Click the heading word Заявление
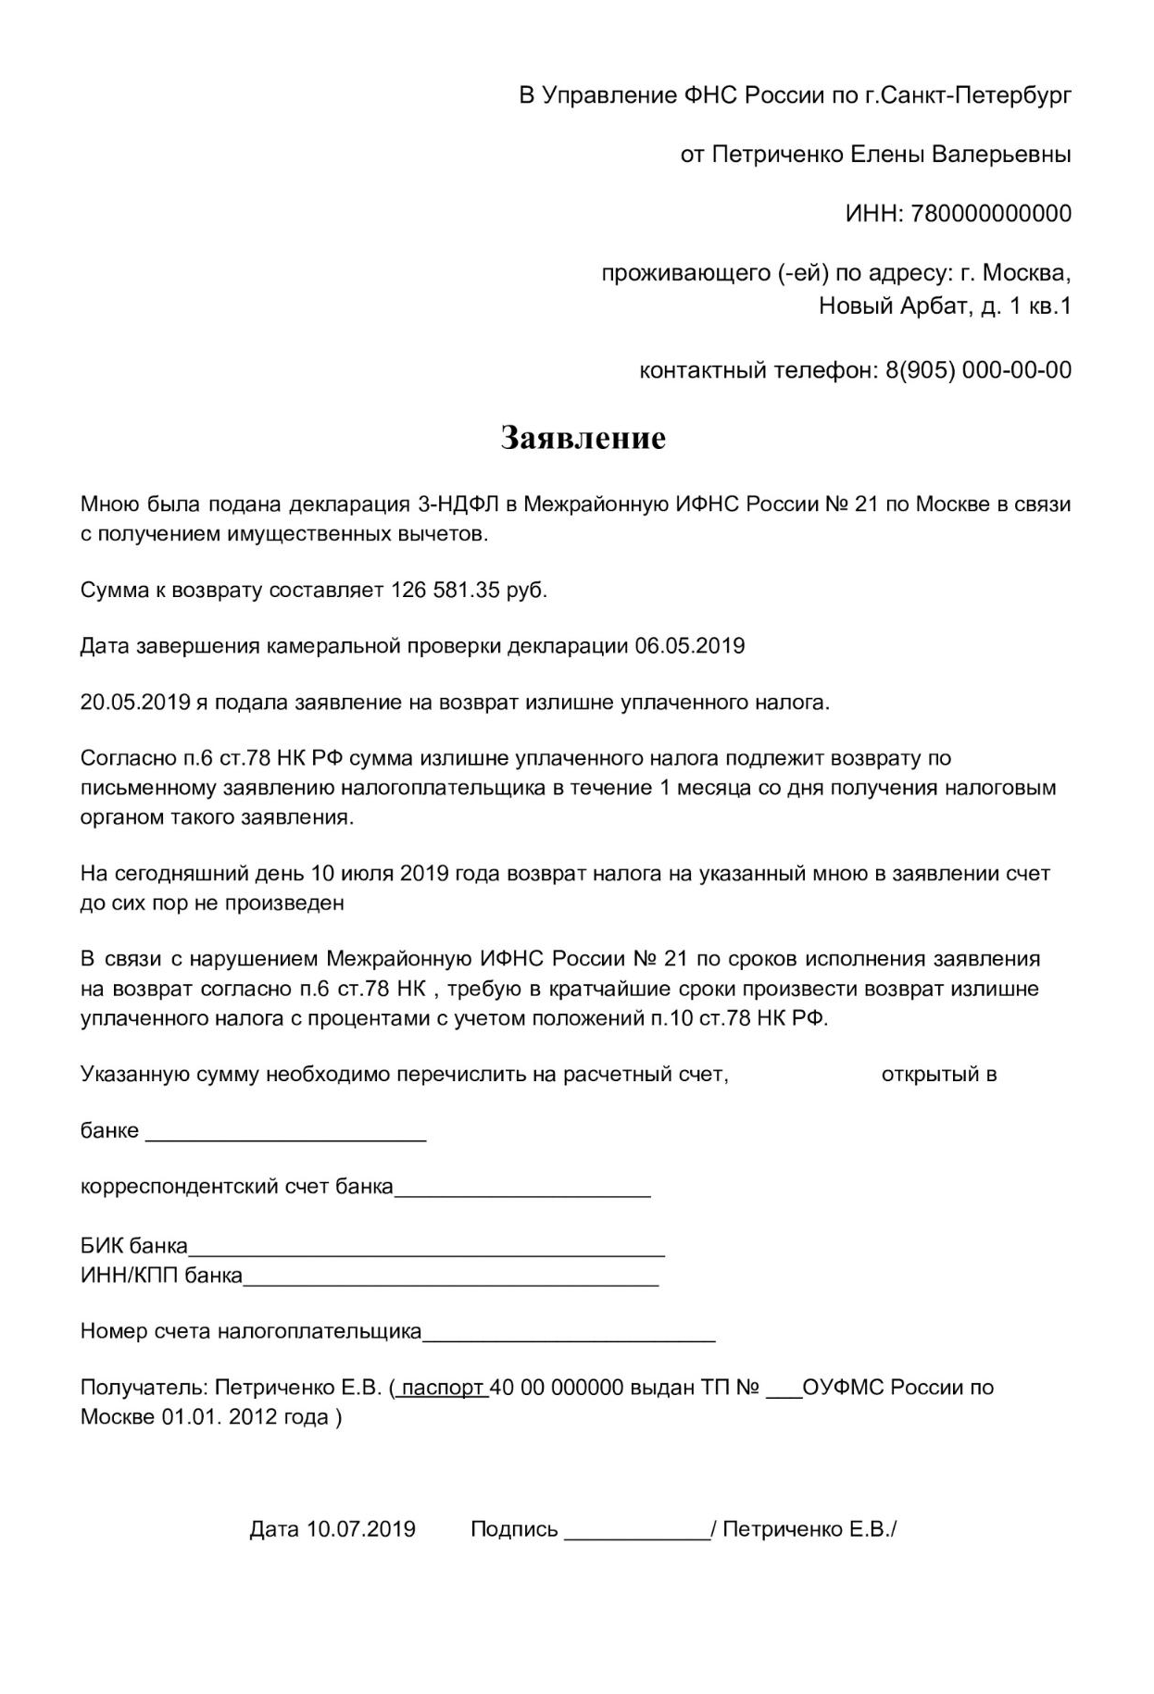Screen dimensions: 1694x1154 [x=583, y=438]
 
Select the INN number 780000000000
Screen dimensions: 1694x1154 [x=991, y=214]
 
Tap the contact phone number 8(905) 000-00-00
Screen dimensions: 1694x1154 [x=978, y=370]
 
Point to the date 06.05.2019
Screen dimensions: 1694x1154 [x=689, y=646]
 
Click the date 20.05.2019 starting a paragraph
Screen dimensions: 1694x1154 [x=135, y=703]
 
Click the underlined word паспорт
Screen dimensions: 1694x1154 [x=443, y=1388]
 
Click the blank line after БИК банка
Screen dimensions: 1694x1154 [x=426, y=1248]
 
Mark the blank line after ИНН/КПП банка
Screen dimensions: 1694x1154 [x=450, y=1277]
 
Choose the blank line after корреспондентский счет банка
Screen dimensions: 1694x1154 [x=522, y=1189]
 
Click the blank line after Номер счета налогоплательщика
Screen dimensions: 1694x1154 [x=569, y=1333]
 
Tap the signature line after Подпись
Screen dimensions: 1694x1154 [x=637, y=1530]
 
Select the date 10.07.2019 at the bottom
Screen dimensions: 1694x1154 [x=361, y=1529]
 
